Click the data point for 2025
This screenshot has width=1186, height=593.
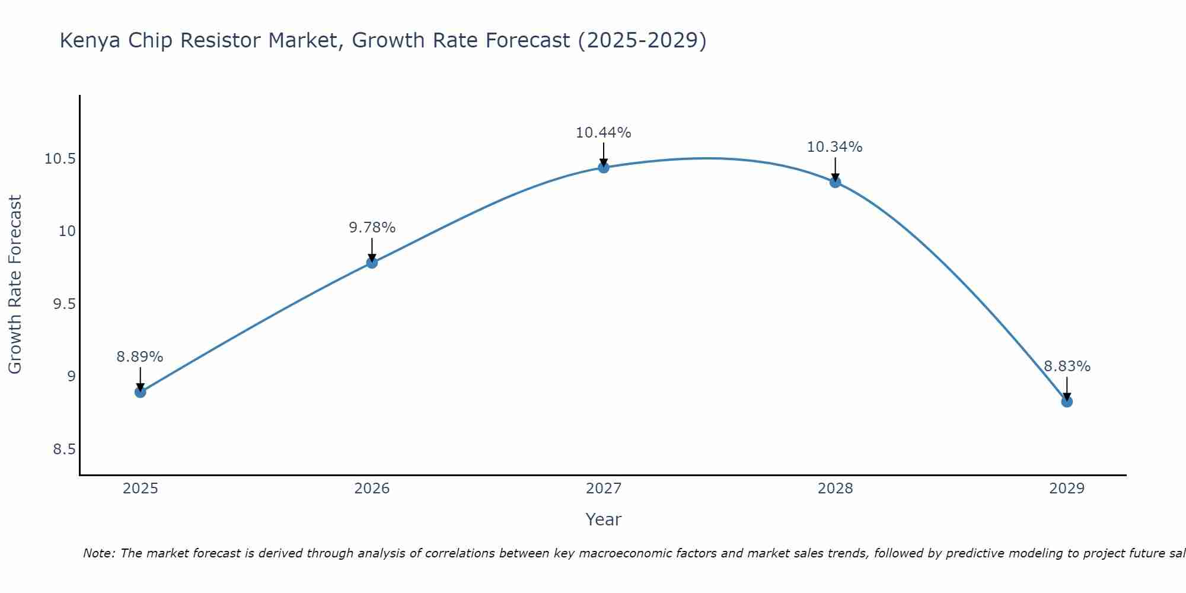click(140, 392)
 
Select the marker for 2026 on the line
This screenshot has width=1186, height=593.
click(372, 263)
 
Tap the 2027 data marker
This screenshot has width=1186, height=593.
click(604, 167)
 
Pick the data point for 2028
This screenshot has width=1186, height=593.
click(835, 182)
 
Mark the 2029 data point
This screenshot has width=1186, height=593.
click(1067, 401)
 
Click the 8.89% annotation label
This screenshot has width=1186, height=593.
click(140, 357)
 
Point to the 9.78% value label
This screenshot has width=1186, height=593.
click(372, 228)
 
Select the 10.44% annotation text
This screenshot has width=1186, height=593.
click(604, 133)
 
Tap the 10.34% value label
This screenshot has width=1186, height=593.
click(835, 147)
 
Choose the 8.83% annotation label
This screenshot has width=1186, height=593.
click(1067, 366)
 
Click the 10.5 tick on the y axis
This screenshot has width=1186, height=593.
click(60, 159)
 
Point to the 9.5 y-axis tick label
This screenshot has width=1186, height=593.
click(64, 304)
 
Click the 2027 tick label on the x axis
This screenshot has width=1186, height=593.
click(604, 489)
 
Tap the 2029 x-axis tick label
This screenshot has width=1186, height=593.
click(1067, 489)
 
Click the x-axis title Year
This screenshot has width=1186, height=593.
click(603, 519)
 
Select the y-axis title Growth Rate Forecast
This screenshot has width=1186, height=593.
click(15, 285)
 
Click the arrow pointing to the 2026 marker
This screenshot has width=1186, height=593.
click(372, 249)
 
